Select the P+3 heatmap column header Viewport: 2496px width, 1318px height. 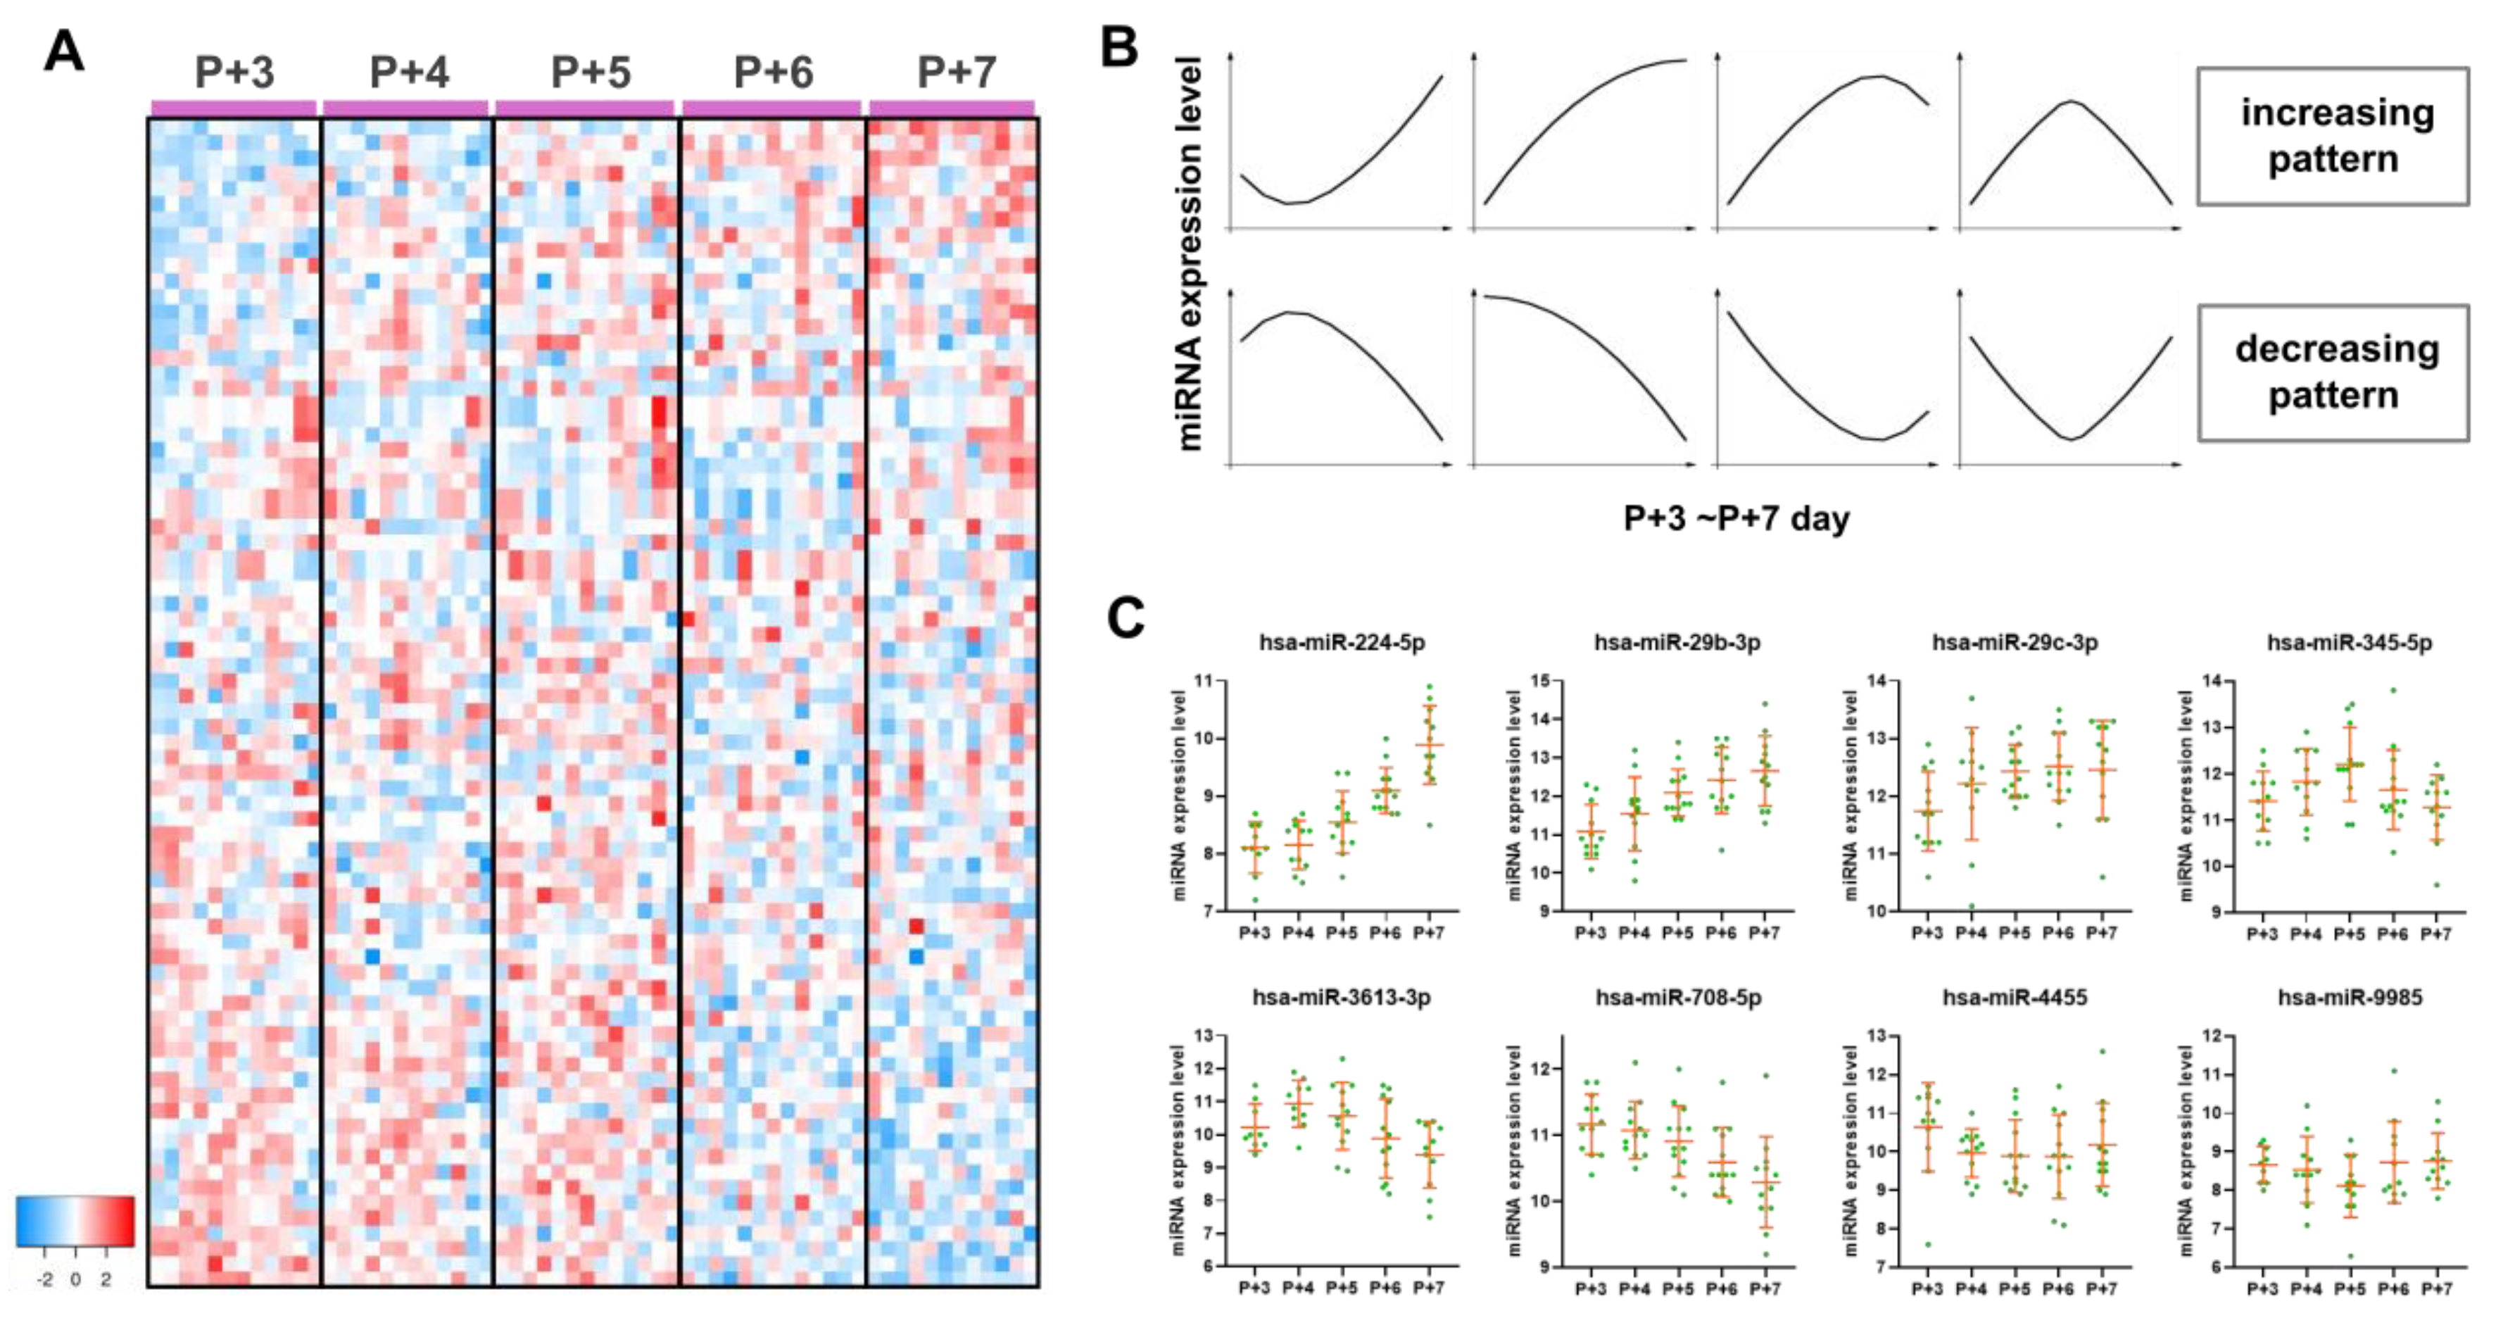coord(234,73)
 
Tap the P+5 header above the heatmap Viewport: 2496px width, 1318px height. coord(590,73)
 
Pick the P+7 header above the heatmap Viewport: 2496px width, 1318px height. coord(957,73)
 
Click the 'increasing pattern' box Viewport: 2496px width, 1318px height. coord(2332,137)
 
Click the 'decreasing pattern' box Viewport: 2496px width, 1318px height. coord(2332,373)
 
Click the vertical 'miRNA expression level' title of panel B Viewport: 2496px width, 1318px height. coord(1189,252)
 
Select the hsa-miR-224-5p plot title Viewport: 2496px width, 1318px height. coord(1342,643)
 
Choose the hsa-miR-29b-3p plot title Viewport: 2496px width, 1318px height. coord(1677,643)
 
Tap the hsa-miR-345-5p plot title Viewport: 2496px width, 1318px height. coord(2349,643)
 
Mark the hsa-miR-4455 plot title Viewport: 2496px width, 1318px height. coord(2015,997)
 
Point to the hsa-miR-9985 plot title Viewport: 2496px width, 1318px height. coord(2350,997)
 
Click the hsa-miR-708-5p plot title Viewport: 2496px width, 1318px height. coord(1678,997)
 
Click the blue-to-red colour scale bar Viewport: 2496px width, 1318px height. coord(75,1221)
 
